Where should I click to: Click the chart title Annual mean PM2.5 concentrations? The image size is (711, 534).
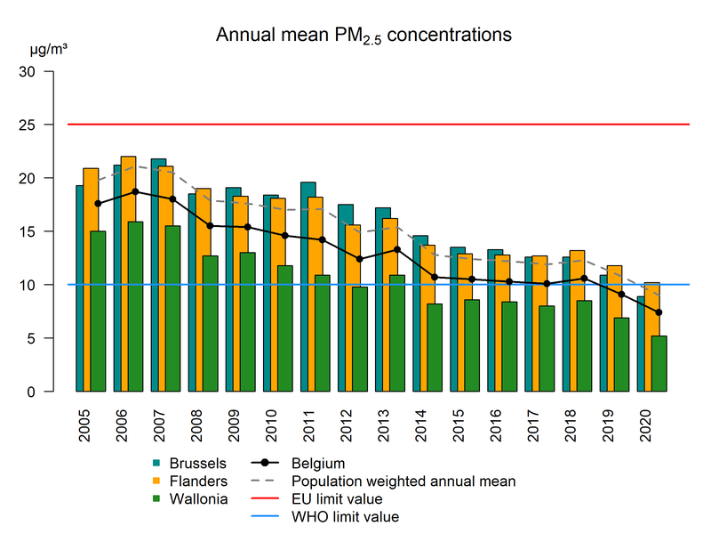[363, 36]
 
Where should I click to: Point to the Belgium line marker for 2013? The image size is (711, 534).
[396, 249]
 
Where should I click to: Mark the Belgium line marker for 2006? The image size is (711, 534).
[135, 191]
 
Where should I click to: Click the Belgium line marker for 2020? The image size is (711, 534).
[659, 312]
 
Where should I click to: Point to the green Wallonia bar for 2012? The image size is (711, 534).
[359, 339]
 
